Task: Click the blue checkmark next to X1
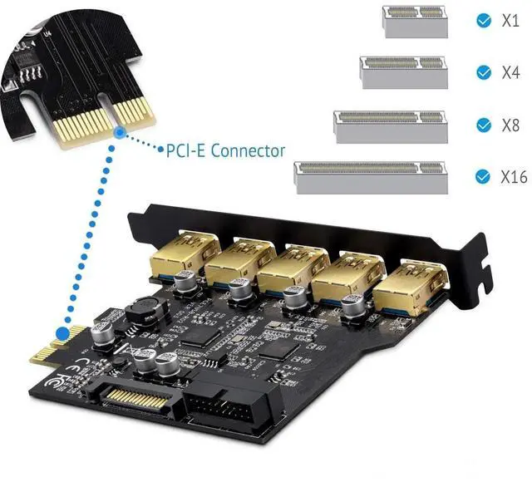(482, 20)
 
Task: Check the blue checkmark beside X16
(482, 177)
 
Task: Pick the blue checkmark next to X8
(482, 125)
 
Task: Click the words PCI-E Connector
(225, 150)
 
